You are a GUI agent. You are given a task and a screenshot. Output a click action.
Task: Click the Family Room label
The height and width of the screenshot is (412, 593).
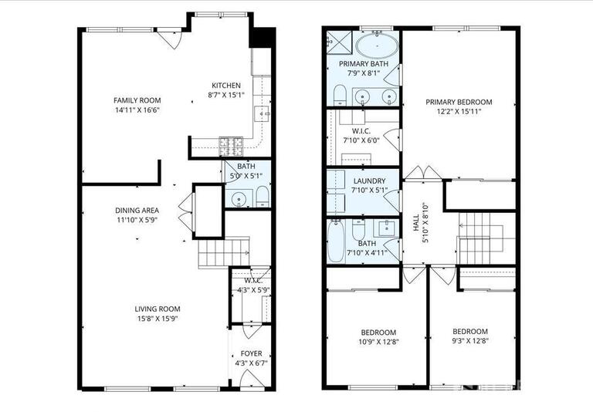[x=137, y=100]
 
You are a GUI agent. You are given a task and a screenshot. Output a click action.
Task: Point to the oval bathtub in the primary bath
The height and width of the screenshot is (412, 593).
[x=378, y=45]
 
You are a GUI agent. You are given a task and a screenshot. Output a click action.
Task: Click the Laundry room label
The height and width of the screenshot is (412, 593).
[x=363, y=180]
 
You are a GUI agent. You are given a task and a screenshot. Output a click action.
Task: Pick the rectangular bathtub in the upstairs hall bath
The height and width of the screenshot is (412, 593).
[x=335, y=241]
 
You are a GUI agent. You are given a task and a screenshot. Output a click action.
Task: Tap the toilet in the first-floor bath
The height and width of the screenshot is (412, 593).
[x=261, y=194]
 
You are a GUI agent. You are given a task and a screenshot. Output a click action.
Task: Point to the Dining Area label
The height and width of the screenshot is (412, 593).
[x=137, y=210]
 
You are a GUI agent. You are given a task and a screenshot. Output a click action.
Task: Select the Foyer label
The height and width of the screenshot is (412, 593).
[x=247, y=353]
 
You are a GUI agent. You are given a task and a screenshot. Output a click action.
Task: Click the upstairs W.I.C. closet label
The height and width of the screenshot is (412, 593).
[x=363, y=131]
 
